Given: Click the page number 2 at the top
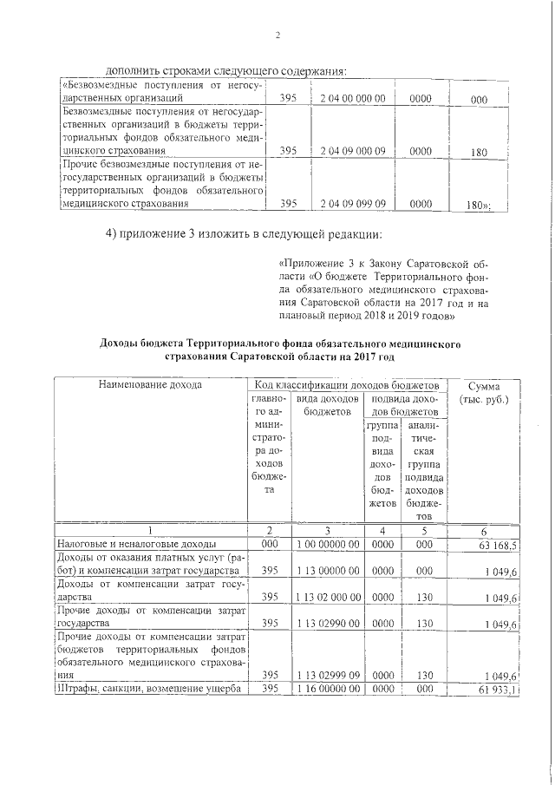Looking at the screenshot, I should coord(277,36).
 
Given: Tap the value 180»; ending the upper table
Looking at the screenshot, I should coord(479,206).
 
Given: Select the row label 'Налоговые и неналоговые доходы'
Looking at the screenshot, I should coord(124,544).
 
